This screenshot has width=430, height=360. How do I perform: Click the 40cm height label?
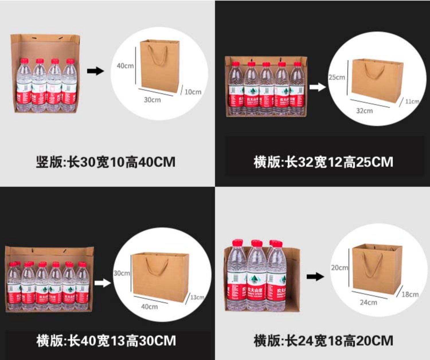tap(125, 66)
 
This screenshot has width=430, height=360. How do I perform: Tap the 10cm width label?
tap(193, 92)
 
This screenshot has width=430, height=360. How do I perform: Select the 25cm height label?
tap(337, 77)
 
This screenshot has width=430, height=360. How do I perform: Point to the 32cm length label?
tap(364, 111)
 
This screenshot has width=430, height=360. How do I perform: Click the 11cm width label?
tap(412, 102)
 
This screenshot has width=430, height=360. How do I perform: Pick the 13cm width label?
tap(197, 297)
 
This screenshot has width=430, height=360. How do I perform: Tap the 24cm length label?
tap(368, 302)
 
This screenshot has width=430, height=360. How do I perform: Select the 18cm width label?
tap(410, 294)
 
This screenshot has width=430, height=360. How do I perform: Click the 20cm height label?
tap(339, 268)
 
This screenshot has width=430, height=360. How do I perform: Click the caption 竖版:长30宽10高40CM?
tap(105, 162)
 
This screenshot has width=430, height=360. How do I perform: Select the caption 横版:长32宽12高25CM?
tap(323, 162)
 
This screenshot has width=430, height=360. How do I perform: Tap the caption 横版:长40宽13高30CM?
tap(106, 341)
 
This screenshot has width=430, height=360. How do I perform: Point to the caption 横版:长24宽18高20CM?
tap(323, 341)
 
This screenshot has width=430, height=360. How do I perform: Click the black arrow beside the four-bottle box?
tap(95, 71)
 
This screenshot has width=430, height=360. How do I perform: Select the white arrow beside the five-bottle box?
tap(318, 87)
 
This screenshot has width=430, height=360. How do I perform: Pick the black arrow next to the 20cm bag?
tap(315, 277)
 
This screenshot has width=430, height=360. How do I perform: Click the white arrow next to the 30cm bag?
tap(102, 283)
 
